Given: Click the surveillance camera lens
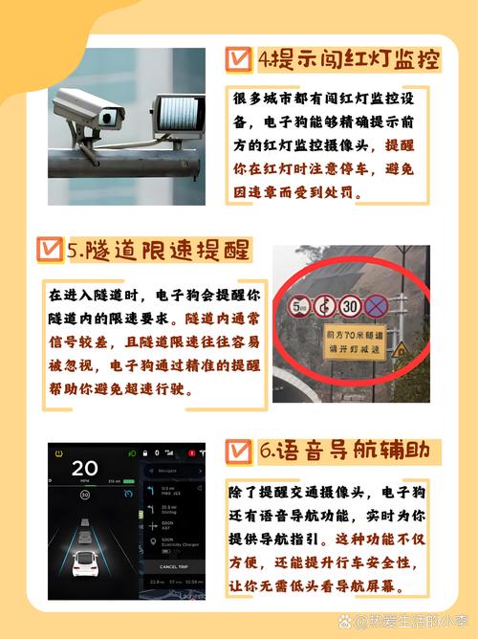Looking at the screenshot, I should [x=108, y=117].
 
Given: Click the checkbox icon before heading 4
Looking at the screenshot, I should [x=237, y=59].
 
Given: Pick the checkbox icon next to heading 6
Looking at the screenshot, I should [x=237, y=449].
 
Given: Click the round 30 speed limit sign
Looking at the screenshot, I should [x=350, y=307].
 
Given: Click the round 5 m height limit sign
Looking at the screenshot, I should [x=299, y=307].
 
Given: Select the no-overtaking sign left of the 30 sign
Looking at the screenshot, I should [x=324, y=307].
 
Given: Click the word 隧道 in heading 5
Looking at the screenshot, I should [x=108, y=251].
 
